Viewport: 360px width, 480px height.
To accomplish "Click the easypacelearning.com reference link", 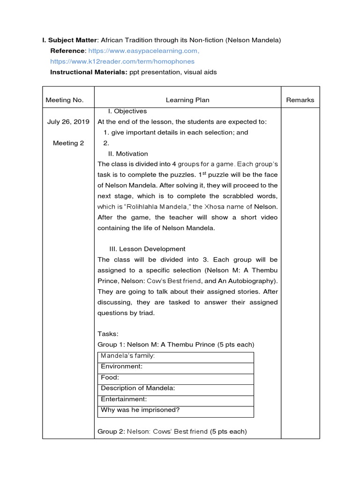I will (144, 51).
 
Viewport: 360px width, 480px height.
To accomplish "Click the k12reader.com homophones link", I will (122, 61).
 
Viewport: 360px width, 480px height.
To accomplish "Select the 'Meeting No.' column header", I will (65, 100).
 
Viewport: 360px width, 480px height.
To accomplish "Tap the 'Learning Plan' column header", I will (187, 100).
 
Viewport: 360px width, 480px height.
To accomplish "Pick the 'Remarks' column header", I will (300, 100).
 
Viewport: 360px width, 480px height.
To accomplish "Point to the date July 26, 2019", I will (68, 122).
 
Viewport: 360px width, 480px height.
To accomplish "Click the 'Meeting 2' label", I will (68, 143).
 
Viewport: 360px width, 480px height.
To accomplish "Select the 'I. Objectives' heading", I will (127, 112).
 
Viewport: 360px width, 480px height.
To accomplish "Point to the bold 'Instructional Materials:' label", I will (88, 72).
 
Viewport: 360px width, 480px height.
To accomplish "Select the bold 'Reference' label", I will (67, 51).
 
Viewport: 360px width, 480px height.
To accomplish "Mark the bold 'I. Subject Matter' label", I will (70, 40).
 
